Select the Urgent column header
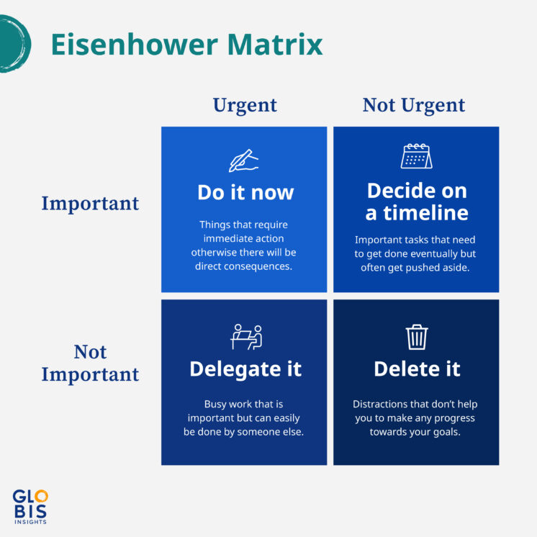tap(245, 105)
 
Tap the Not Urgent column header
tap(414, 105)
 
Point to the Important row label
tap(90, 204)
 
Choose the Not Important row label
tap(90, 364)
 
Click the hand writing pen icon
tap(243, 160)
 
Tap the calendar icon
tap(416, 156)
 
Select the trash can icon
tap(417, 337)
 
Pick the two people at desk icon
tap(246, 337)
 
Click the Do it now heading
tap(245, 193)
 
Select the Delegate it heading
tap(245, 369)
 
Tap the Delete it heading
tap(417, 369)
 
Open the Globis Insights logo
tap(30, 506)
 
